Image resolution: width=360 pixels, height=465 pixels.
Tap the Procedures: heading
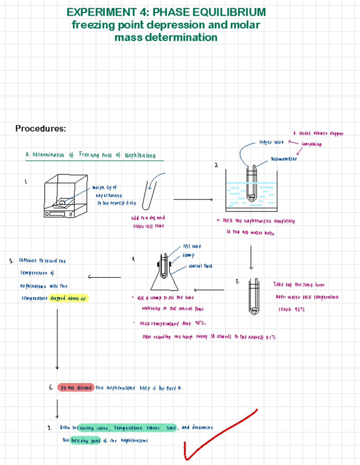[x=40, y=129]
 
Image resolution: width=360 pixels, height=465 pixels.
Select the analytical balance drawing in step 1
[x=66, y=196]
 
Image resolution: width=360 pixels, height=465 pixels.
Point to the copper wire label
[x=271, y=142]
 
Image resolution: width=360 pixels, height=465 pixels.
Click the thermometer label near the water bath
[x=283, y=159]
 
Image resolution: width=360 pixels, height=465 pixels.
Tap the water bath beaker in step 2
[x=251, y=192]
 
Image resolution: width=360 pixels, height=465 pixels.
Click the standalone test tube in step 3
[x=254, y=297]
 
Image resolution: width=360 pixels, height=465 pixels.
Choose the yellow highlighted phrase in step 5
[x=68, y=298]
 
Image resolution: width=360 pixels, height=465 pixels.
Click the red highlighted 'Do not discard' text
[x=76, y=388]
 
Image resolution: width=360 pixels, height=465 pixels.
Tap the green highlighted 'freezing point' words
[x=85, y=440]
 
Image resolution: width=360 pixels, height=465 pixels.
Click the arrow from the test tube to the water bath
[x=193, y=199]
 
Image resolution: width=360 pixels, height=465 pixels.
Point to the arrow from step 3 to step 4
[x=209, y=290]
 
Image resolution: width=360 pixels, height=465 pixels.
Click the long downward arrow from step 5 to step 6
[x=57, y=339]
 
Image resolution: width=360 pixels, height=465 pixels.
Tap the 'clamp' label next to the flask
[x=188, y=255]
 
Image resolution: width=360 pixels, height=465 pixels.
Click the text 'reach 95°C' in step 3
[x=292, y=309]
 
